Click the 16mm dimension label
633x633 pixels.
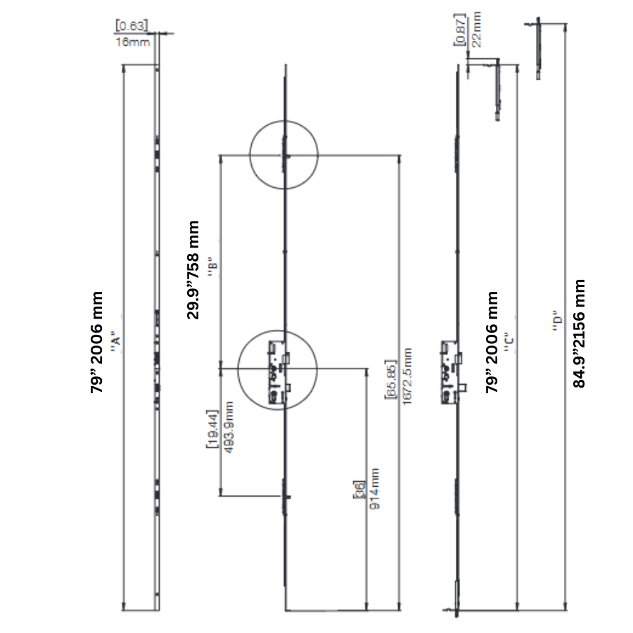click(x=133, y=42)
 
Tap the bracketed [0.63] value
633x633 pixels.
click(x=132, y=26)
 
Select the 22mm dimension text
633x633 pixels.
click(x=477, y=30)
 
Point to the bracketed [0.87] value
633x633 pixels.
click(x=460, y=30)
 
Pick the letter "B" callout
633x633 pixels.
click(x=212, y=267)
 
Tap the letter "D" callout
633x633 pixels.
click(x=557, y=321)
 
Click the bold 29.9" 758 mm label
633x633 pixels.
click(x=193, y=269)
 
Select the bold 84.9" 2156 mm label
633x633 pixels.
click(x=579, y=333)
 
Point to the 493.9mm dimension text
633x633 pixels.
click(x=229, y=427)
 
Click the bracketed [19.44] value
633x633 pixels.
click(x=212, y=429)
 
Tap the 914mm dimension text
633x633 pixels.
click(x=374, y=489)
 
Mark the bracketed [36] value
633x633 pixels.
click(x=359, y=490)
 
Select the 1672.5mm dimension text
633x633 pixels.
click(x=407, y=376)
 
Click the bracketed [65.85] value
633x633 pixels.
click(x=391, y=378)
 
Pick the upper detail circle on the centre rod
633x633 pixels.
click(x=284, y=155)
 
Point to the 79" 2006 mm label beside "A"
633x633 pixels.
click(x=97, y=342)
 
